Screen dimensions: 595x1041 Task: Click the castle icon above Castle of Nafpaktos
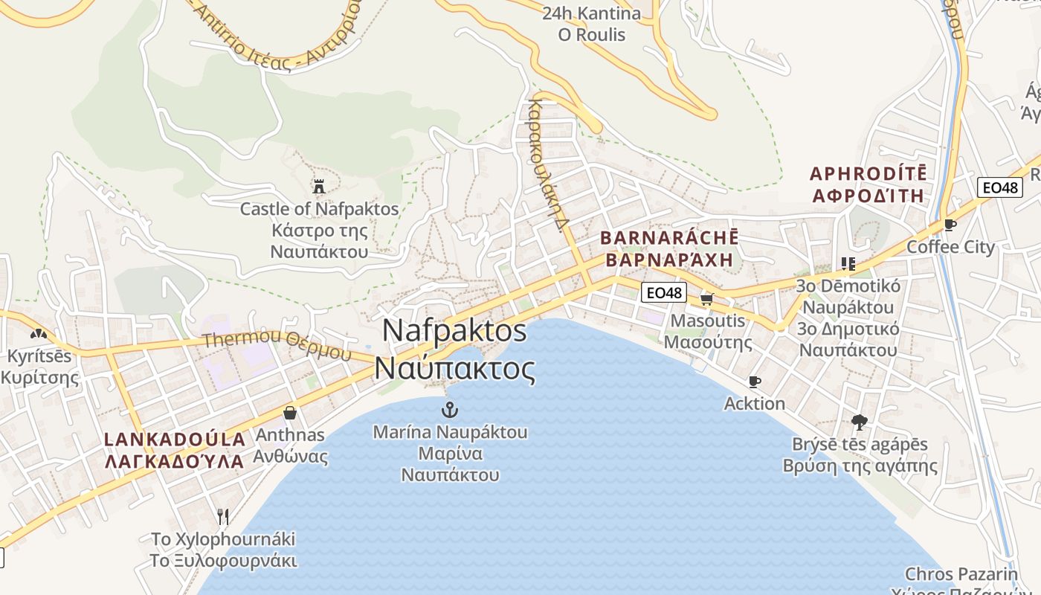pyautogui.click(x=319, y=186)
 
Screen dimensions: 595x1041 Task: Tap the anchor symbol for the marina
pyautogui.click(x=449, y=409)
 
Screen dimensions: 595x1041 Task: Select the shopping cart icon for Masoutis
pyautogui.click(x=706, y=299)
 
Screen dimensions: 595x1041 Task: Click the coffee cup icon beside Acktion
pyautogui.click(x=755, y=382)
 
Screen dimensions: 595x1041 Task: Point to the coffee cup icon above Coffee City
pyautogui.click(x=950, y=224)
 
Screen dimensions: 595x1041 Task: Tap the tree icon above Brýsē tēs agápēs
pyautogui.click(x=860, y=422)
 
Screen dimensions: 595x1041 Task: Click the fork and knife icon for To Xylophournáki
pyautogui.click(x=223, y=516)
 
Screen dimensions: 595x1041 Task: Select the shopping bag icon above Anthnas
pyautogui.click(x=290, y=412)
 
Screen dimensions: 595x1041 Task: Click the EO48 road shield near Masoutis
pyautogui.click(x=663, y=292)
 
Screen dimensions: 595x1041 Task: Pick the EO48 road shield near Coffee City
pyautogui.click(x=999, y=187)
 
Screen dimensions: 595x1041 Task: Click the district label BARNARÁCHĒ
pyautogui.click(x=669, y=238)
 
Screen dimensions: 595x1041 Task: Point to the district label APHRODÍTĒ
pyautogui.click(x=868, y=174)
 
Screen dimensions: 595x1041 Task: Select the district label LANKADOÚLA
pyautogui.click(x=175, y=439)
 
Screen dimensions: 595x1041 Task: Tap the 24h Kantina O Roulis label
pyautogui.click(x=591, y=24)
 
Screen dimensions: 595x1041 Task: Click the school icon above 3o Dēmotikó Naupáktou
pyautogui.click(x=848, y=263)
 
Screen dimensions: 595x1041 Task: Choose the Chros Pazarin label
pyautogui.click(x=961, y=574)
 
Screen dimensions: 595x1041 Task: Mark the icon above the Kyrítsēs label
pyautogui.click(x=39, y=334)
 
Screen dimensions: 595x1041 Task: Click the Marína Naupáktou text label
pyautogui.click(x=450, y=432)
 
